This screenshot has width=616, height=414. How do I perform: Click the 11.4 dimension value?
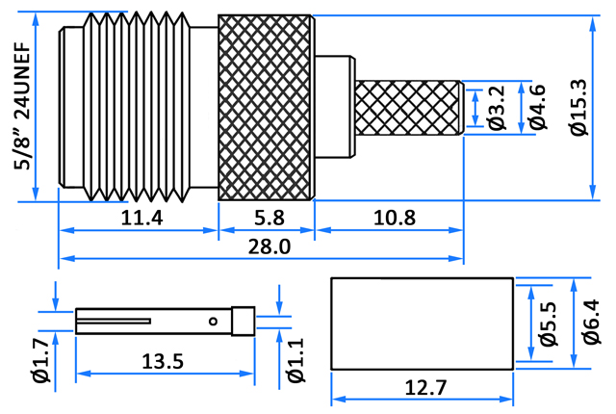(141, 218)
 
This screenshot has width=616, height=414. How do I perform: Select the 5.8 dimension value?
(269, 218)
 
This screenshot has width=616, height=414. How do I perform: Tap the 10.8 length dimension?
(394, 218)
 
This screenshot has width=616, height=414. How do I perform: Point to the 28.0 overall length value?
(269, 246)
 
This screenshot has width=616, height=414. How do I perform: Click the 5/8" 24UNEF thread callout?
(22, 106)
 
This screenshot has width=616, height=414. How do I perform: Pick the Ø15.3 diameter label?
(579, 107)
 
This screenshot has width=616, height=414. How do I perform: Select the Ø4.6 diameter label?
(538, 107)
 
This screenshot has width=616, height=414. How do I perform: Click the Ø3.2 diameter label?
(497, 107)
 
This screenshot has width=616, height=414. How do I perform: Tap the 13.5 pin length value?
(163, 361)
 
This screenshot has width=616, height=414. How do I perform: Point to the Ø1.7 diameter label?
(41, 360)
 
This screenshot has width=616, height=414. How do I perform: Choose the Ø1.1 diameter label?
(295, 360)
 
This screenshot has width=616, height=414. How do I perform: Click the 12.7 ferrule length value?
(425, 388)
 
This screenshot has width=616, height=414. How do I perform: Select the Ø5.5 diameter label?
(549, 323)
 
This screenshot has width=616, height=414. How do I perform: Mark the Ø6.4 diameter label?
(592, 323)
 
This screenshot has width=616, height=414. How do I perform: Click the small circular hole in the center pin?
(214, 322)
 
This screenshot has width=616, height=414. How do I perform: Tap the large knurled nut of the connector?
(267, 108)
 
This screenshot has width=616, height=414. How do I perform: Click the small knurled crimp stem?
(409, 108)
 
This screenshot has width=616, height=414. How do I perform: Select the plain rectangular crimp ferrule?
(423, 323)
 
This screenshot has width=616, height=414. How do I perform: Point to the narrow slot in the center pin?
(114, 322)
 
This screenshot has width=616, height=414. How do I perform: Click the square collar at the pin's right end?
(244, 322)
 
